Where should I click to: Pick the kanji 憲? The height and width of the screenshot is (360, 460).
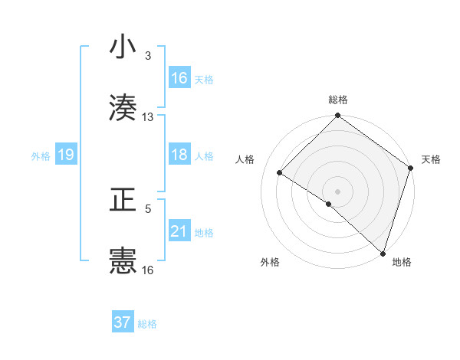click(123, 260)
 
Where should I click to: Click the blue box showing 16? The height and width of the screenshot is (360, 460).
click(179, 78)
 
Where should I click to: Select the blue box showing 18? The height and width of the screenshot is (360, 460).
click(179, 155)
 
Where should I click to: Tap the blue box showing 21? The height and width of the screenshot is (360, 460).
click(179, 231)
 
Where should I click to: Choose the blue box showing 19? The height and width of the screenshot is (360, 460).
click(66, 155)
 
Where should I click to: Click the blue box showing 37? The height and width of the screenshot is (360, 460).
click(123, 322)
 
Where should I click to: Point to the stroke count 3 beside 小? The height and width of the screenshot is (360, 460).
click(148, 55)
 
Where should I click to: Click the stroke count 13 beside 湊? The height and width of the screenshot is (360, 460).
click(148, 117)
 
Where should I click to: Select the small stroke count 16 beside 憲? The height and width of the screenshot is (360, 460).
click(148, 270)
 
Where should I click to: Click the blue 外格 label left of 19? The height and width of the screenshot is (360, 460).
click(41, 156)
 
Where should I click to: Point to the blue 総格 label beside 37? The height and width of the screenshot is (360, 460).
click(147, 324)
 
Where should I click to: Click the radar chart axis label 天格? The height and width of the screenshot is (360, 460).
click(431, 159)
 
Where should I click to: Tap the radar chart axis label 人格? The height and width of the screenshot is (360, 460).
click(245, 159)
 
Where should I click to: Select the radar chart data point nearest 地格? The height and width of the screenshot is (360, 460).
click(383, 253)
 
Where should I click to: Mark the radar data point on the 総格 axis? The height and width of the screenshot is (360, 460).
click(337, 116)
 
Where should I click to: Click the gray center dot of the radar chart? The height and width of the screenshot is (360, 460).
click(337, 191)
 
